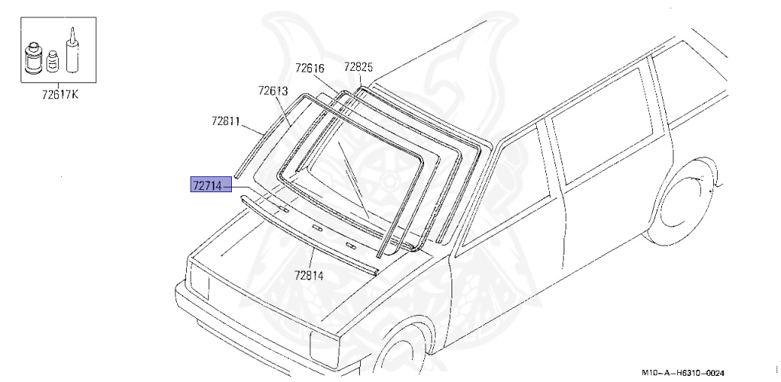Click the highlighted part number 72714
(207, 185)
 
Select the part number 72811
(226, 121)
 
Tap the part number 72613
(273, 91)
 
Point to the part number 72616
(310, 68)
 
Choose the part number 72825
(358, 67)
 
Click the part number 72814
(309, 275)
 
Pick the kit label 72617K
(59, 94)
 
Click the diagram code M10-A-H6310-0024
(683, 373)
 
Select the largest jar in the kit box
(34, 58)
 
